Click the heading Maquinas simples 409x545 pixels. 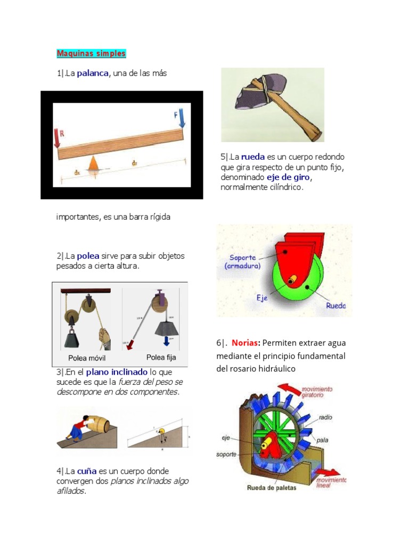click(x=91, y=54)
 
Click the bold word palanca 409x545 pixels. click(x=93, y=73)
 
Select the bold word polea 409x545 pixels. click(x=88, y=256)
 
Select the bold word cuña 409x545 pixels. click(x=86, y=471)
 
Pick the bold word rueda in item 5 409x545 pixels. click(x=253, y=157)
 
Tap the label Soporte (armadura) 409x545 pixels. click(x=242, y=261)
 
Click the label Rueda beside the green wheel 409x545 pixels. click(x=335, y=305)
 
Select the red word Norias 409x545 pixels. click(x=245, y=343)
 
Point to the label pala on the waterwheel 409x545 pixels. click(x=323, y=440)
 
